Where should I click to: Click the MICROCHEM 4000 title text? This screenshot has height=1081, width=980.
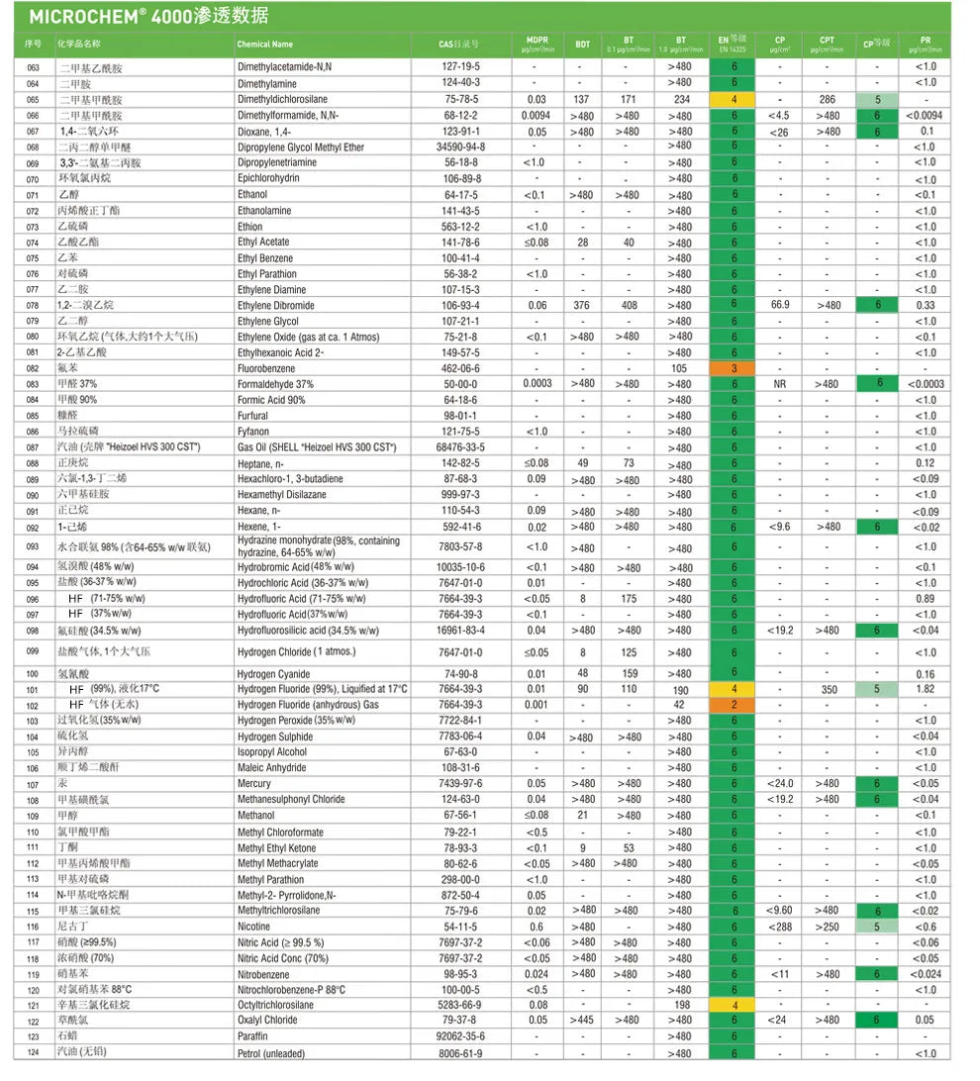point(148,17)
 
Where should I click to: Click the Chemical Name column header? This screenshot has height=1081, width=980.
point(265,45)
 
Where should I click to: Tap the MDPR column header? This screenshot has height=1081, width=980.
point(537,44)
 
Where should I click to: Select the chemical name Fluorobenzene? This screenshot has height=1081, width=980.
point(266,368)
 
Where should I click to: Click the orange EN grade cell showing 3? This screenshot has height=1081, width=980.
point(734,368)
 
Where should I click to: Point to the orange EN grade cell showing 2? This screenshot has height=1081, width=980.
point(734,705)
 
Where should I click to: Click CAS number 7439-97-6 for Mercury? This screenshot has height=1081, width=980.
point(460,784)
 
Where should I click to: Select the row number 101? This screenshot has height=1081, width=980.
point(33,689)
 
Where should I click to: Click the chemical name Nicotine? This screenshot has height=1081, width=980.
point(254,927)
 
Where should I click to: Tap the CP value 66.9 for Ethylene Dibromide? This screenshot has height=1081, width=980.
point(779,305)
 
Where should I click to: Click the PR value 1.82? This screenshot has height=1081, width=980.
point(926,689)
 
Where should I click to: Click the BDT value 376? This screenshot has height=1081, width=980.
point(582,305)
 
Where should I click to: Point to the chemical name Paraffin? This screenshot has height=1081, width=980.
point(254,1036)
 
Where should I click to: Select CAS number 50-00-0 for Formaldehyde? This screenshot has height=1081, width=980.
point(460,384)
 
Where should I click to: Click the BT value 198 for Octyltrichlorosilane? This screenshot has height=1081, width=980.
point(680,1005)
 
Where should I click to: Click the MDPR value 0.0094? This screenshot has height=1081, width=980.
point(537,116)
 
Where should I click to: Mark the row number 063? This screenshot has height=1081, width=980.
point(33,67)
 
